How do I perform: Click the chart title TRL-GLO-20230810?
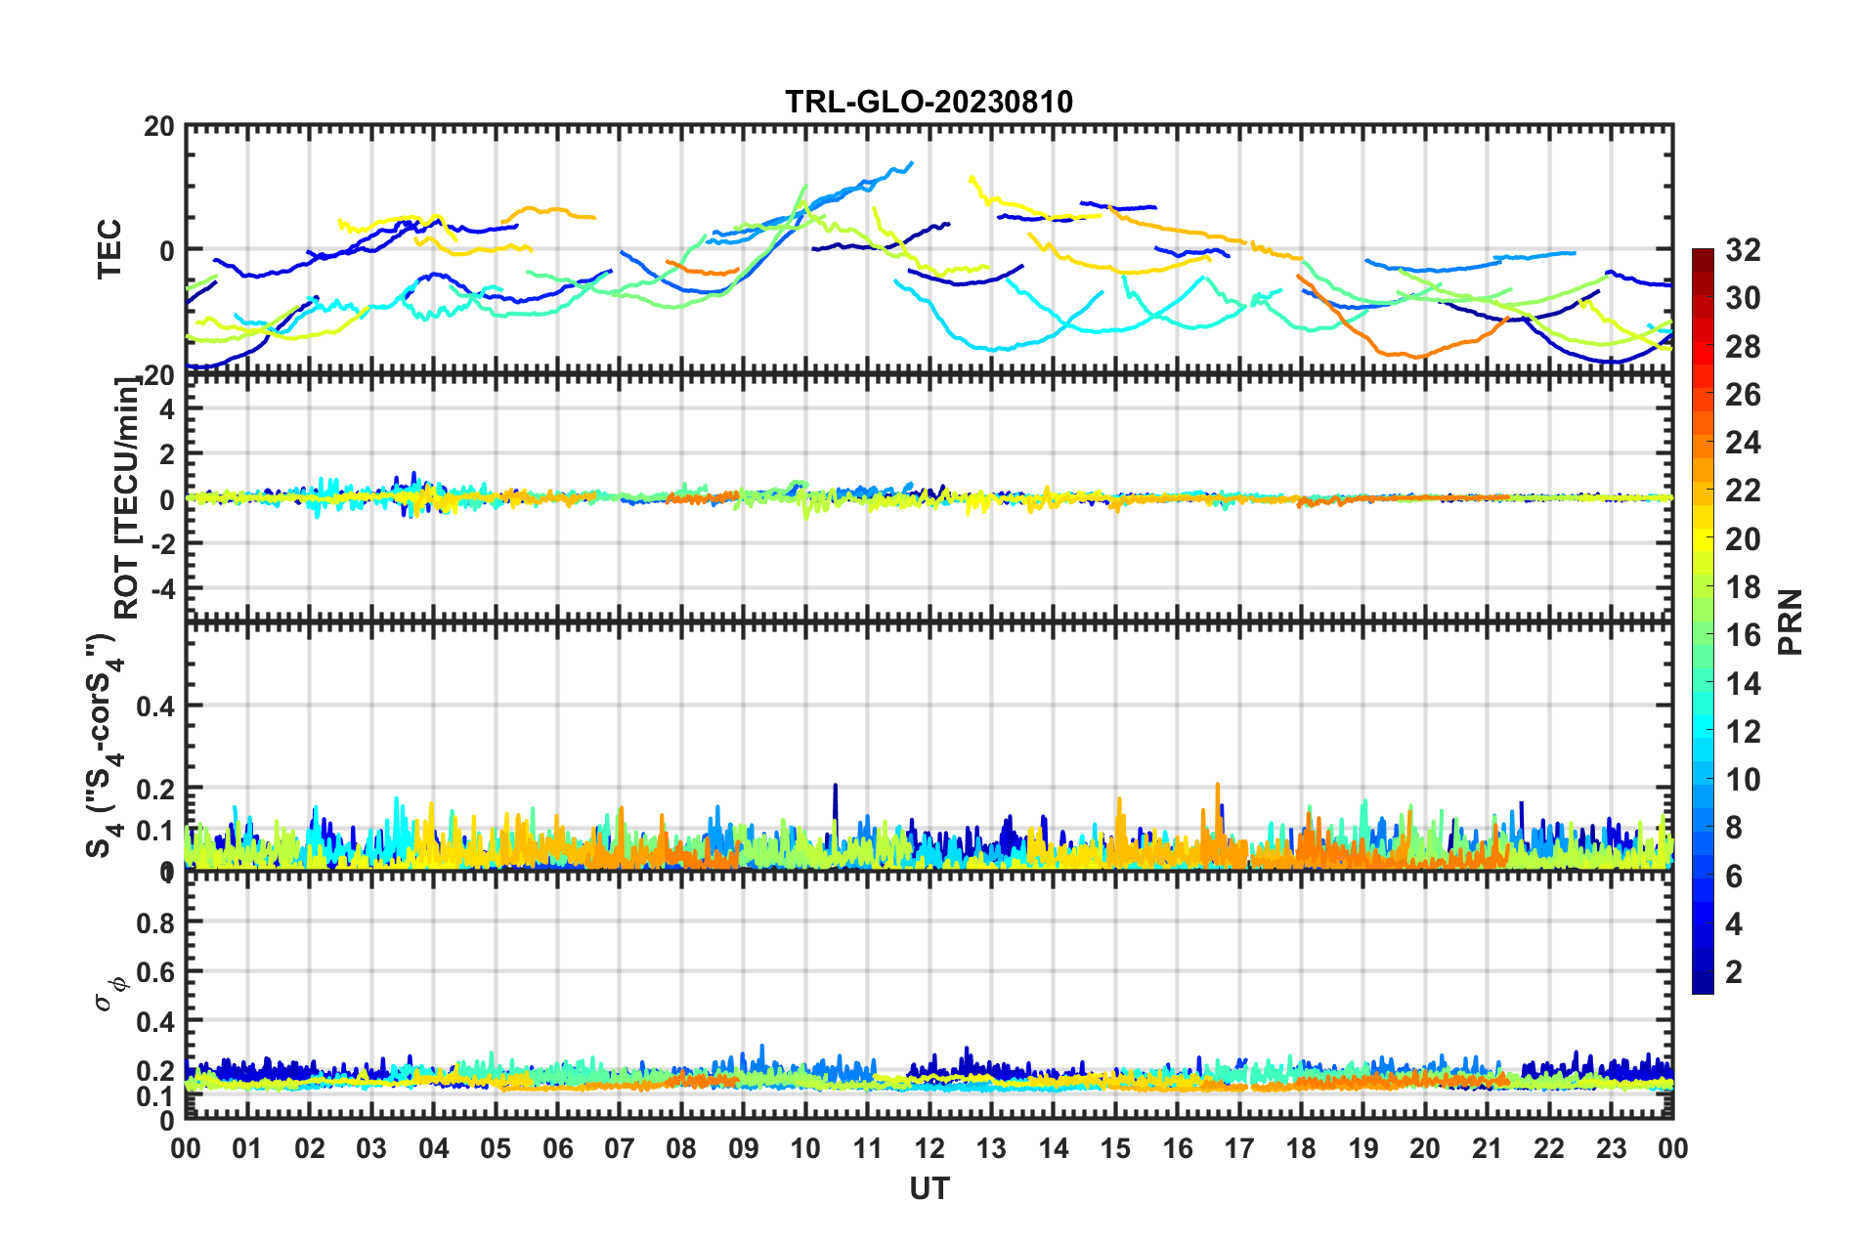pyautogui.click(x=929, y=102)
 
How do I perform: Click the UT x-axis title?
pyautogui.click(x=929, y=1188)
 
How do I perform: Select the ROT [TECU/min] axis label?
pyautogui.click(x=127, y=498)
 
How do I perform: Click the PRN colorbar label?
pyautogui.click(x=1791, y=621)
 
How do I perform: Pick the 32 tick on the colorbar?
pyautogui.click(x=1743, y=250)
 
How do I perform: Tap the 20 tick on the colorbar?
pyautogui.click(x=1743, y=539)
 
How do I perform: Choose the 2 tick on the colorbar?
pyautogui.click(x=1734, y=971)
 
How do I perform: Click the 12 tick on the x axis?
pyautogui.click(x=929, y=1148)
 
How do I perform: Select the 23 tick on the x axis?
pyautogui.click(x=1611, y=1148)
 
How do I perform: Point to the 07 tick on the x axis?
pyautogui.click(x=620, y=1148)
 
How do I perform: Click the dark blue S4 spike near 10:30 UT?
pyautogui.click(x=836, y=786)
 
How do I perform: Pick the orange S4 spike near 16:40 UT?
pyautogui.click(x=1218, y=785)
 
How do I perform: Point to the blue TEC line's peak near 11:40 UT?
pyautogui.click(x=911, y=163)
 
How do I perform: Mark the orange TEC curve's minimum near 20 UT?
pyautogui.click(x=1416, y=357)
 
